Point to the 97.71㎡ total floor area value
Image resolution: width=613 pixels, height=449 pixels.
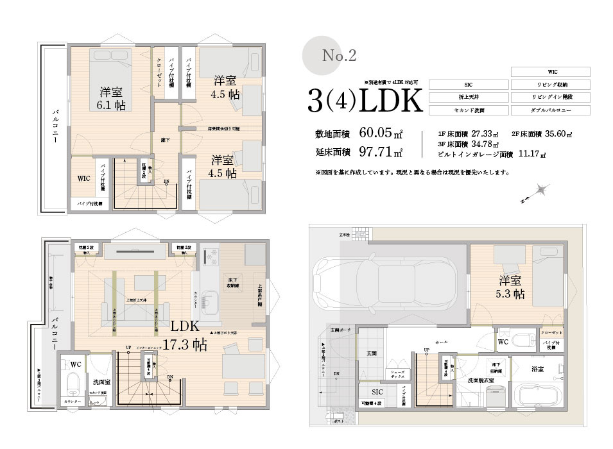tap(381, 152)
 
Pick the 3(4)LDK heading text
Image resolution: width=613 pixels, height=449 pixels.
tap(364, 101)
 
